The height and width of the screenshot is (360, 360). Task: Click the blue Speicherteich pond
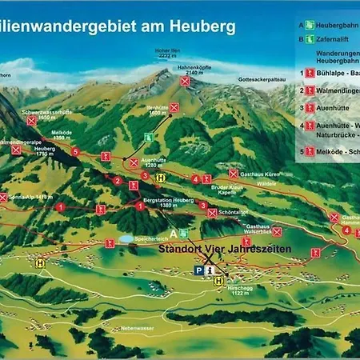coord(126,238)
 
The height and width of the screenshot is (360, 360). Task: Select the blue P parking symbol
coord(198,272)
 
